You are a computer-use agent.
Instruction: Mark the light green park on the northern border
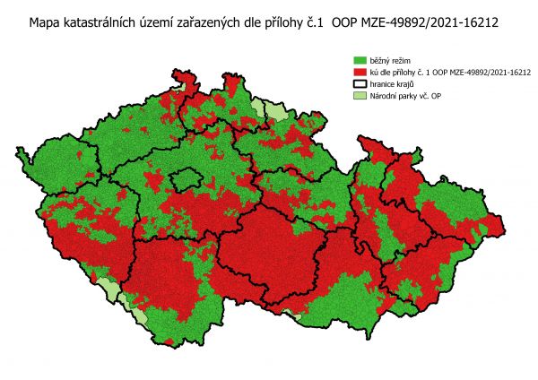pos(258,110)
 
